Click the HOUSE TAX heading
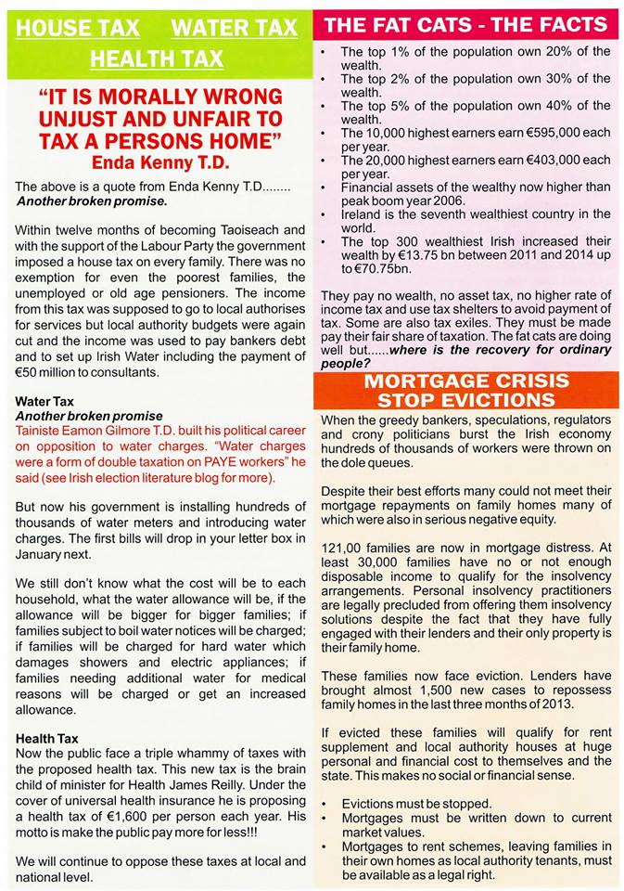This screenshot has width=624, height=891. click(78, 27)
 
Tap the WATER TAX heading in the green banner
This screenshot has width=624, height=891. click(234, 27)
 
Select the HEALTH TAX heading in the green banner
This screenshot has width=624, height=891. click(156, 59)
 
